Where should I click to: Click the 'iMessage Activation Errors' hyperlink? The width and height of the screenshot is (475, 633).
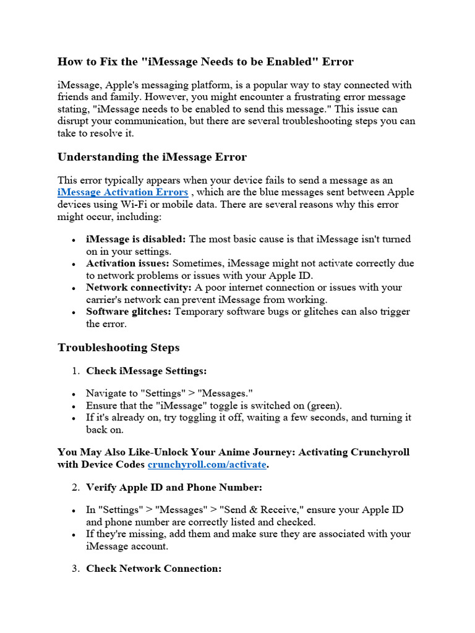pyautogui.click(x=122, y=192)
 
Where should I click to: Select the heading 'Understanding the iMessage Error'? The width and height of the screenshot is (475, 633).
pyautogui.click(x=152, y=157)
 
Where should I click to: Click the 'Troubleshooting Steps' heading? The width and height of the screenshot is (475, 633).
pyautogui.click(x=119, y=347)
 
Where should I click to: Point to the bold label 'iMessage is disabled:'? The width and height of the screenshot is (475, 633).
pyautogui.click(x=136, y=239)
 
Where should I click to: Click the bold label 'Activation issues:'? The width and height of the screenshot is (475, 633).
pyautogui.click(x=128, y=263)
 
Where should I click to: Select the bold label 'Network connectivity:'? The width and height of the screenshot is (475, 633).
pyautogui.click(x=139, y=287)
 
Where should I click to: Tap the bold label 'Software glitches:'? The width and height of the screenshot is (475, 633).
pyautogui.click(x=129, y=312)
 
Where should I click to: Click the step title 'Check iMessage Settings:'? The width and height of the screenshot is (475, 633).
pyautogui.click(x=146, y=371)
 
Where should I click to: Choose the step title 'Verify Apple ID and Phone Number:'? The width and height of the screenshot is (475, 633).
pyautogui.click(x=174, y=488)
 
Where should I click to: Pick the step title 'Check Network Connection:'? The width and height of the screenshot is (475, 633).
pyautogui.click(x=153, y=569)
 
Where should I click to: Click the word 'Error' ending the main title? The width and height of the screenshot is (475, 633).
pyautogui.click(x=337, y=62)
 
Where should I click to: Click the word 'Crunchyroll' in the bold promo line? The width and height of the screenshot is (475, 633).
pyautogui.click(x=379, y=452)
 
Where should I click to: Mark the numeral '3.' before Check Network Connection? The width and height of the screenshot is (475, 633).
pyautogui.click(x=75, y=569)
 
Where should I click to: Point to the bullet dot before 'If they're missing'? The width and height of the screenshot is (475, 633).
pyautogui.click(x=74, y=535)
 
